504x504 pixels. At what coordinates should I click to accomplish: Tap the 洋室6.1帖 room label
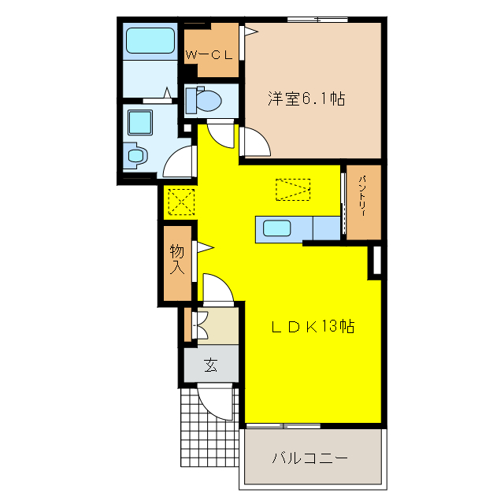point(306,100)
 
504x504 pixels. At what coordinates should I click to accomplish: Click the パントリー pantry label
point(364,201)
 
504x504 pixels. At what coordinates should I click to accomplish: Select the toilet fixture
point(204,101)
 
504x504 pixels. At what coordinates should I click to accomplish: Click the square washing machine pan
point(139,122)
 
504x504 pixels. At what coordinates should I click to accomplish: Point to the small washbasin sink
point(135,154)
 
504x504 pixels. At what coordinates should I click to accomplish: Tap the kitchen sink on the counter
point(277,229)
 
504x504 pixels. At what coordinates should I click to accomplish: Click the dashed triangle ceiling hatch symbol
point(293,189)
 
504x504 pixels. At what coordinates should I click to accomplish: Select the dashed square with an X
point(181,202)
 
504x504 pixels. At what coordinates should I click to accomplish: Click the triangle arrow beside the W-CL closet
point(250,32)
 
